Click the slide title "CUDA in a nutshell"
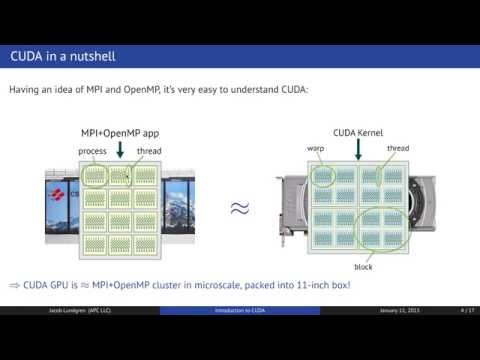68,56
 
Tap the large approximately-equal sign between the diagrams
239,208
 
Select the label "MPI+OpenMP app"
120,133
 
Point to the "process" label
93,151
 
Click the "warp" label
317,149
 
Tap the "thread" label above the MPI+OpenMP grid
148,151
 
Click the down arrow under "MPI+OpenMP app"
121,150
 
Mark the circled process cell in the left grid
94,175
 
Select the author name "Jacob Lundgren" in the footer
72,339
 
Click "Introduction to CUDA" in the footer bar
239,339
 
